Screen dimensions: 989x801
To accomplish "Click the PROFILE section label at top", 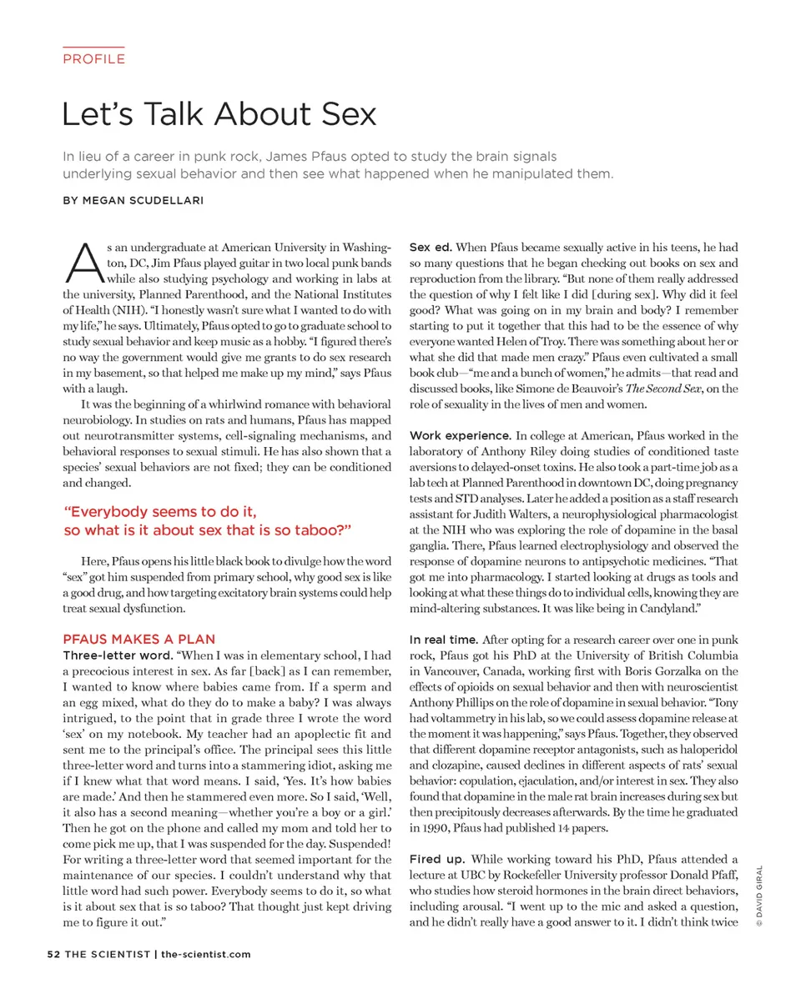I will tap(93, 59).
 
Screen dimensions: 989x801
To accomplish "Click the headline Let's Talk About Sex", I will tap(219, 113).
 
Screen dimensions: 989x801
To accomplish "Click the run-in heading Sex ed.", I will tap(431, 248).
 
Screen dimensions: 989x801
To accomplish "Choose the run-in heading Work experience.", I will tap(460, 435).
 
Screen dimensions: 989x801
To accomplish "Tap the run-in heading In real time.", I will tap(443, 640).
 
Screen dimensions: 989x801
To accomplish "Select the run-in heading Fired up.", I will tap(436, 859).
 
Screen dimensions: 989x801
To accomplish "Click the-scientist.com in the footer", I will tap(205, 954).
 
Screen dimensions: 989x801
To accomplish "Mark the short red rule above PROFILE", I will tap(93, 47).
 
